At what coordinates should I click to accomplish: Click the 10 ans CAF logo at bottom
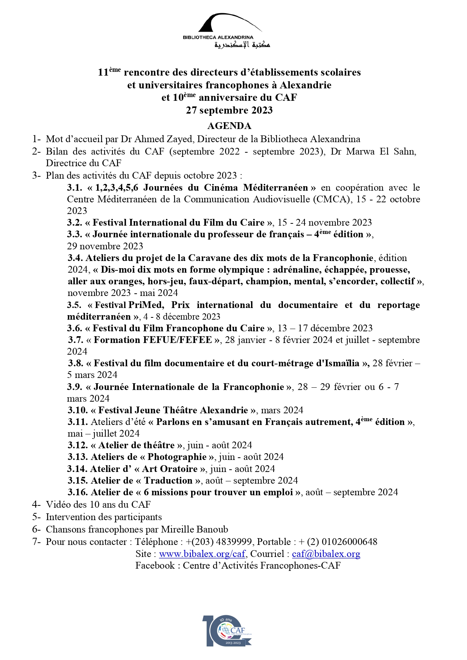227,631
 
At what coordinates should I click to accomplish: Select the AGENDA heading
229,126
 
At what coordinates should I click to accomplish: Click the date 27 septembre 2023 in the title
229,110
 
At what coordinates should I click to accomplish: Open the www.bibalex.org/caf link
202,554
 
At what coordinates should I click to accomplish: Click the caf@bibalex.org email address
326,554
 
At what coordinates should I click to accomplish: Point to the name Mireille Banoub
194,530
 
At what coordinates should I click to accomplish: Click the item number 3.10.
78,410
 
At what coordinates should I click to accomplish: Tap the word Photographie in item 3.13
177,457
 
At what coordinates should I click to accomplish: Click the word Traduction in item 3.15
168,481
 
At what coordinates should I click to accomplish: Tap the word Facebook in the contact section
155,566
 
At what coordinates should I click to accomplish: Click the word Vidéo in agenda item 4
59,505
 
